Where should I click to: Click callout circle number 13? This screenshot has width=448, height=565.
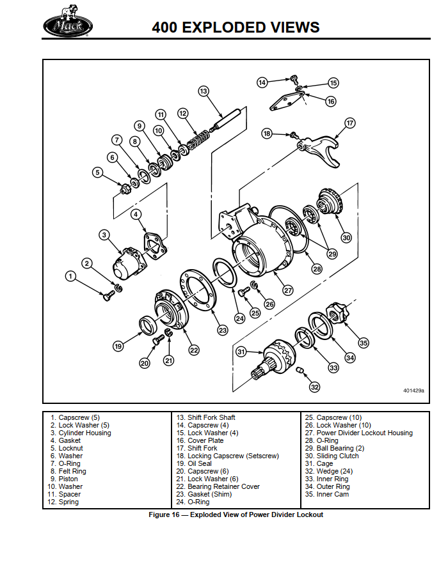pyautogui.click(x=204, y=91)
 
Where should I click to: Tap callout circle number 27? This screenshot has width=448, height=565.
pyautogui.click(x=289, y=290)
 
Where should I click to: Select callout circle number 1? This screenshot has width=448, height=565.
pyautogui.click(x=71, y=275)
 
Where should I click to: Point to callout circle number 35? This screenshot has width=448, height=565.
pyautogui.click(x=364, y=343)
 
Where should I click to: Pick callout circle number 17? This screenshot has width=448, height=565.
pyautogui.click(x=349, y=123)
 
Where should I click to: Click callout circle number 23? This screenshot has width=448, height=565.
pyautogui.click(x=222, y=330)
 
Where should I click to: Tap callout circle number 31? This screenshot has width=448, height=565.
pyautogui.click(x=241, y=351)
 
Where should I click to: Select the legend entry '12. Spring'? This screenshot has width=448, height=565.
pyautogui.click(x=64, y=502)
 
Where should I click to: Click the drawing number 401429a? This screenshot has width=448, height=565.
pyautogui.click(x=413, y=389)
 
